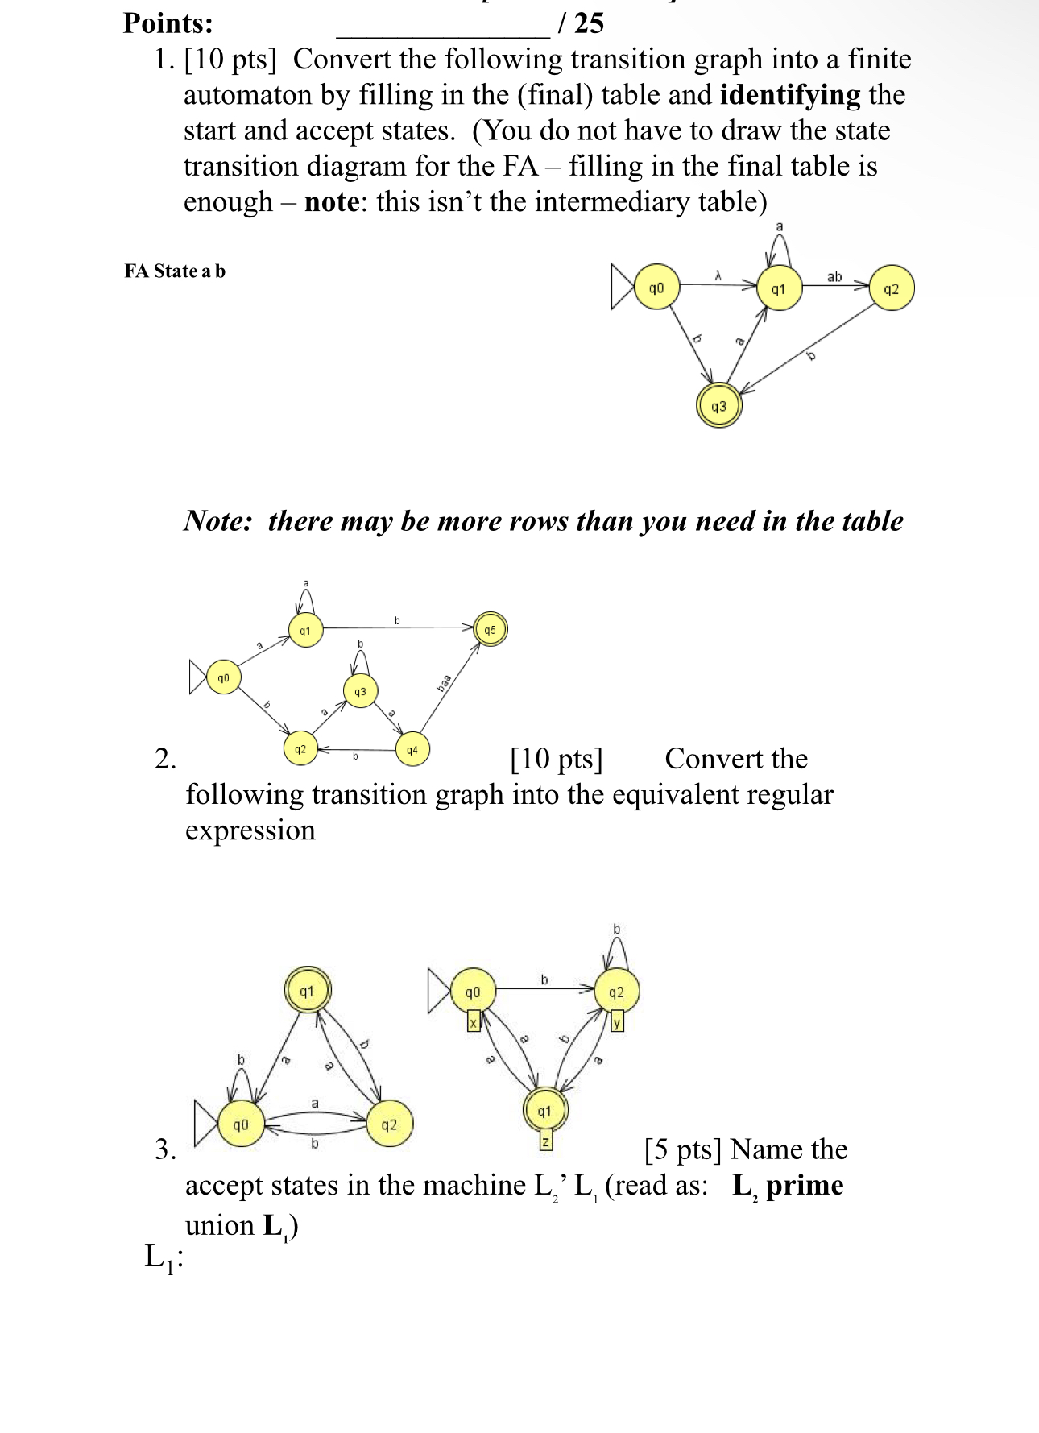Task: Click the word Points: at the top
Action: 168,23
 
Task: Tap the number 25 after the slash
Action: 589,23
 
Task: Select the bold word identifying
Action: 789,95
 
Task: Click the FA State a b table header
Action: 175,271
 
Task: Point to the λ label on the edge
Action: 718,276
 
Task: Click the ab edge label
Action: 834,276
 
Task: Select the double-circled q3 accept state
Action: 718,406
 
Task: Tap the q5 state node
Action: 490,630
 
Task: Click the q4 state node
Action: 412,749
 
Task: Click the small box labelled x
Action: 474,1021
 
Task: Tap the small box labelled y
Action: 617,1021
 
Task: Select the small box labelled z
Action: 545,1141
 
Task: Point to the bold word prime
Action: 805,1186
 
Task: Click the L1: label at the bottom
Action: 164,1257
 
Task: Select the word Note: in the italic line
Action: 217,521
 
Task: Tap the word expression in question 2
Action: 250,830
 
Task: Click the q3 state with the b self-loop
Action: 360,691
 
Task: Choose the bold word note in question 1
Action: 331,201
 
